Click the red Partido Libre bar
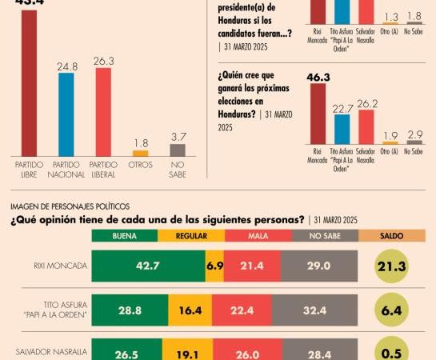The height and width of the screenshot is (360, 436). pos(29,83)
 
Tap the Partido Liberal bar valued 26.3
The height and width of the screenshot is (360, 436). pos(102,112)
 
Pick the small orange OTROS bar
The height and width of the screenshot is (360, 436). pos(140,153)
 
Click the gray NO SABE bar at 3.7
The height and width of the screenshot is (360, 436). pos(178,150)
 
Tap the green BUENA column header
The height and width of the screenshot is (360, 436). pos(125,235)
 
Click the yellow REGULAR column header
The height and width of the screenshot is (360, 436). pos(192,235)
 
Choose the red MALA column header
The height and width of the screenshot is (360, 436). pos(258,235)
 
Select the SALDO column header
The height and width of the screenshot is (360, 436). pos(391,235)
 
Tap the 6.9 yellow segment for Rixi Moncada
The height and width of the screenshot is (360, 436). pos(215,265)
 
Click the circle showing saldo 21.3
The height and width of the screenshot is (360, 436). pos(391,266)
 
